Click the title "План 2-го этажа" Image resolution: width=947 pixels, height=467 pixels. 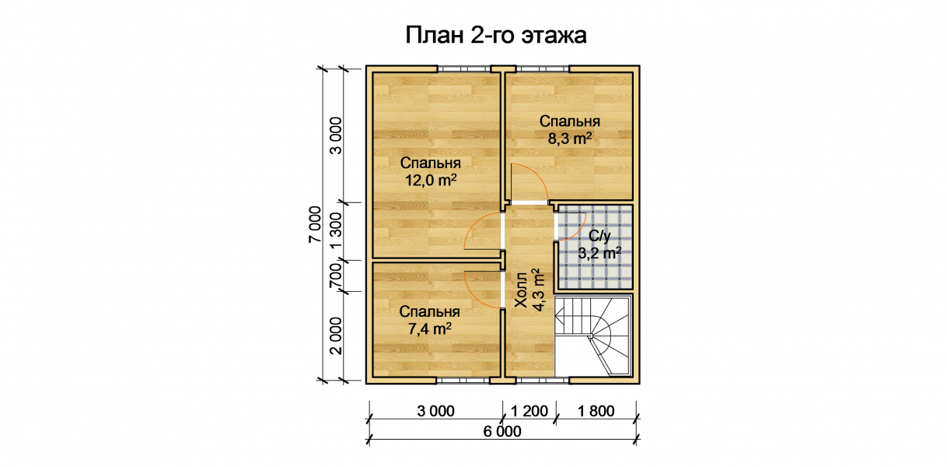pos(496,35)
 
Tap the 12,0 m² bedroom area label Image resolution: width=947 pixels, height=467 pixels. pos(431,171)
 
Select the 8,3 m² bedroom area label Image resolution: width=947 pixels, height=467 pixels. pos(569,130)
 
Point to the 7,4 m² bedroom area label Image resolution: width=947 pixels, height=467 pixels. pos(429,320)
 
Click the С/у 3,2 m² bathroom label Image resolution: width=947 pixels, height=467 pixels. pos(599,244)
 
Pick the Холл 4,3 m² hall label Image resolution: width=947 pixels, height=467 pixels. pos(529,290)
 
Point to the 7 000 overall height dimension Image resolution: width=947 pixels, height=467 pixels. pos(315,224)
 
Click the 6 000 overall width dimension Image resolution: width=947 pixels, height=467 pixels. pos(502,431)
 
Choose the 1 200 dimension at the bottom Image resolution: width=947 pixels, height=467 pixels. pos(529,411)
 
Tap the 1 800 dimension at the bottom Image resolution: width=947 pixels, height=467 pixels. pos(596,411)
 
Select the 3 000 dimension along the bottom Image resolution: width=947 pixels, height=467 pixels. pos(436,411)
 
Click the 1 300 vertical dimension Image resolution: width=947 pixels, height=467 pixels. pos(336,231)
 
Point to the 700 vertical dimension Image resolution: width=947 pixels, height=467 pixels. pos(336,276)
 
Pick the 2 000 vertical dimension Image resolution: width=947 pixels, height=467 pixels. pos(336,335)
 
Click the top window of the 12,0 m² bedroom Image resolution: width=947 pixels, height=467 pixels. pos(463,68)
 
